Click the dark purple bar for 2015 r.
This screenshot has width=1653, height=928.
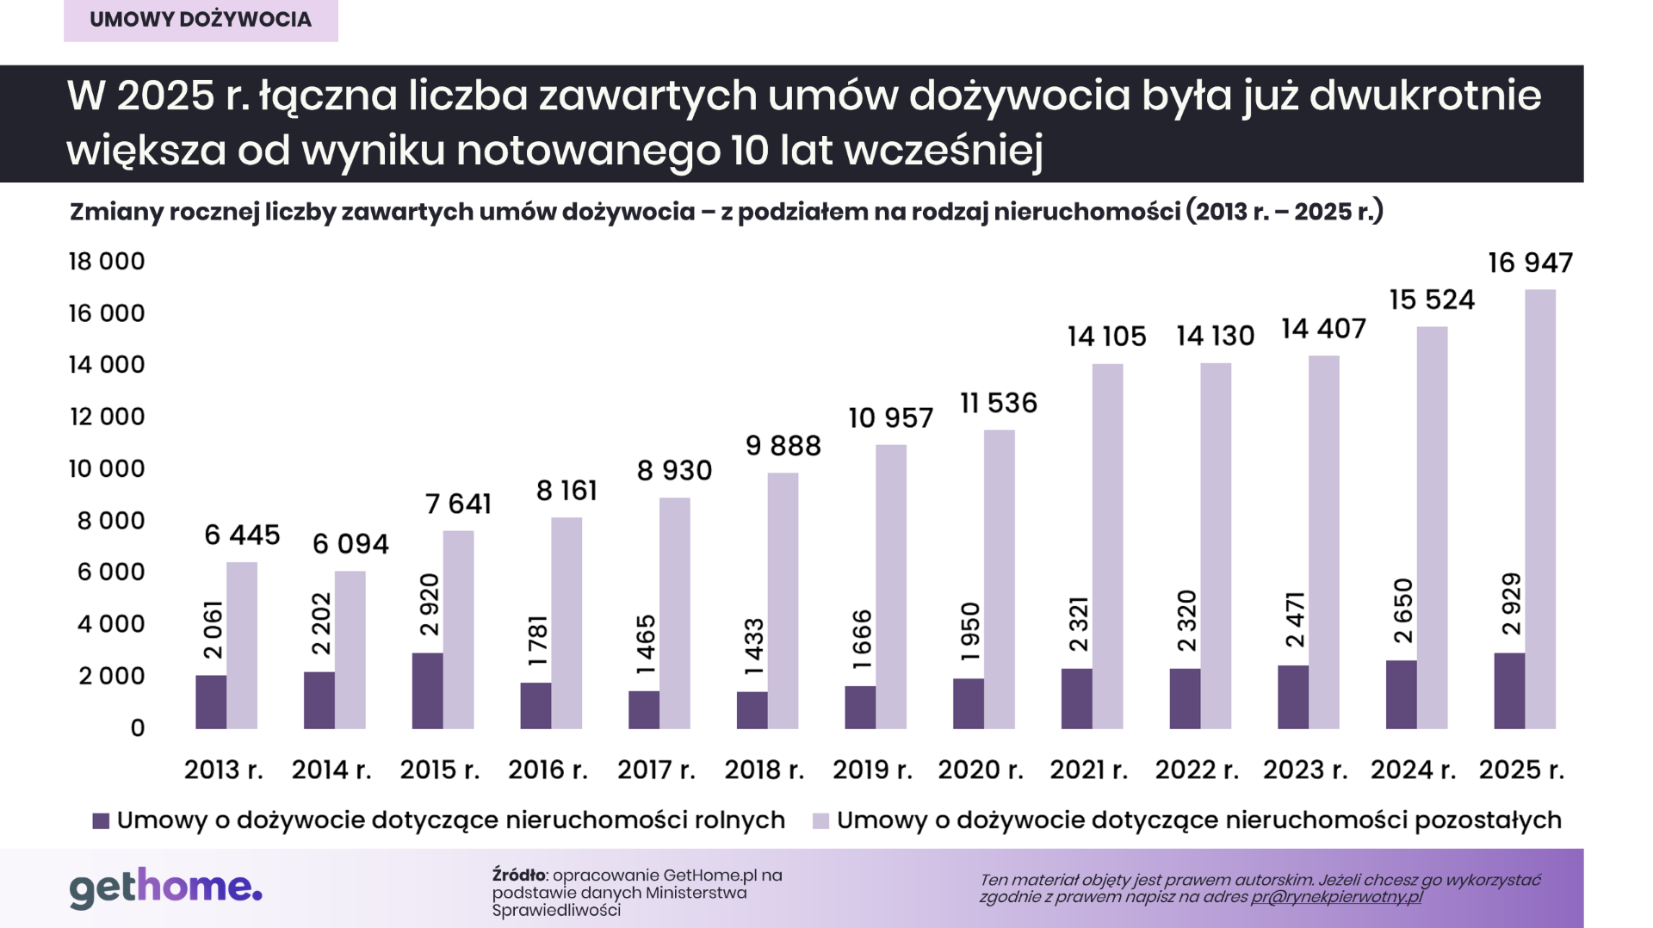pyautogui.click(x=427, y=690)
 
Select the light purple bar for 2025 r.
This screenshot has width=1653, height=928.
pyautogui.click(x=1539, y=510)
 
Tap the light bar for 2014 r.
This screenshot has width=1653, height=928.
pyautogui.click(x=350, y=650)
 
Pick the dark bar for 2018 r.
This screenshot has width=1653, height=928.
pyautogui.click(x=752, y=710)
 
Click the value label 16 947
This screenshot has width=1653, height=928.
pyautogui.click(x=1530, y=263)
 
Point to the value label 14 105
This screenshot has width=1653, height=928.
pyautogui.click(x=1106, y=337)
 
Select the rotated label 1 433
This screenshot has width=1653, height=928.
pyautogui.click(x=754, y=647)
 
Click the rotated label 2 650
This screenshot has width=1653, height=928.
pyautogui.click(x=1403, y=611)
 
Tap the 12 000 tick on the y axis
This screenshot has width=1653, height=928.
pyautogui.click(x=107, y=417)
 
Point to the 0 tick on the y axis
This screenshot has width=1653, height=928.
pyautogui.click(x=138, y=728)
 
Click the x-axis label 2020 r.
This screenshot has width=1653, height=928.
pyautogui.click(x=981, y=770)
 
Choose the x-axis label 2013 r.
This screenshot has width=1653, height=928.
pyautogui.click(x=223, y=770)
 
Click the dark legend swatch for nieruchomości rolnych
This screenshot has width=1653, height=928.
pyautogui.click(x=101, y=821)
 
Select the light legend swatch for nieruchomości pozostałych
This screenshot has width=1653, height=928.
pyautogui.click(x=820, y=821)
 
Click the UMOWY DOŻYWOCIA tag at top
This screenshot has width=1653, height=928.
pyautogui.click(x=201, y=20)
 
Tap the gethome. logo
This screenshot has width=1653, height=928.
pyautogui.click(x=165, y=888)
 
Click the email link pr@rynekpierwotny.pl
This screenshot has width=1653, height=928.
pyautogui.click(x=1336, y=897)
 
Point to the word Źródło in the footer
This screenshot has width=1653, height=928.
pyautogui.click(x=518, y=875)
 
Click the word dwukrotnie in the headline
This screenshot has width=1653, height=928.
pyautogui.click(x=1425, y=95)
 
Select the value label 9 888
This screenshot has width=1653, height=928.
pyautogui.click(x=783, y=446)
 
